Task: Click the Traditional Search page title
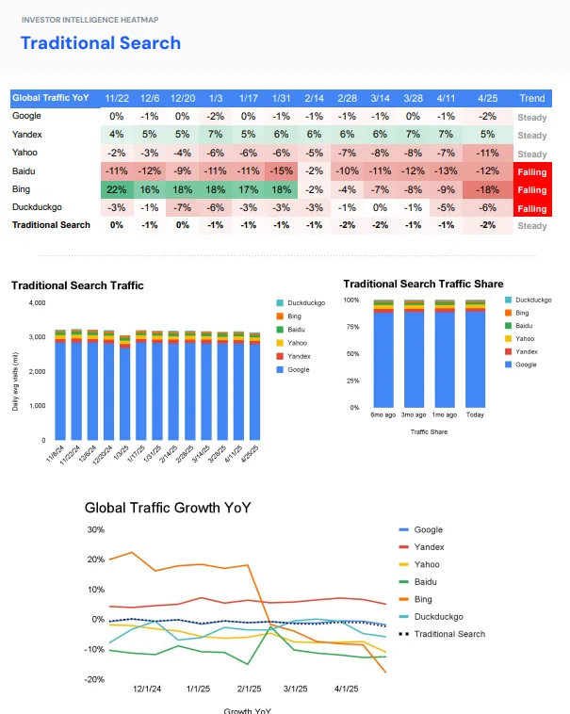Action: pyautogui.click(x=100, y=42)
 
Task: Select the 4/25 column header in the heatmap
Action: pyautogui.click(x=487, y=98)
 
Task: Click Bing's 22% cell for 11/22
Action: pyautogui.click(x=117, y=189)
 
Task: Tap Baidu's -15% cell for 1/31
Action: pyautogui.click(x=281, y=171)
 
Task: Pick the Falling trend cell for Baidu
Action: pyautogui.click(x=531, y=171)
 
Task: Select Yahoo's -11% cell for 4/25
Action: pyautogui.click(x=487, y=153)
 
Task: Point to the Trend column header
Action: pyautogui.click(x=531, y=98)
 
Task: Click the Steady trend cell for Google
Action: pyautogui.click(x=531, y=117)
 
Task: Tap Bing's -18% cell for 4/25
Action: pyautogui.click(x=487, y=189)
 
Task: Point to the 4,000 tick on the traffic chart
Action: pyautogui.click(x=38, y=302)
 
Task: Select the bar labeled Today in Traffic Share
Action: pyautogui.click(x=474, y=354)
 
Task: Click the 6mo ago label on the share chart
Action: pyautogui.click(x=383, y=414)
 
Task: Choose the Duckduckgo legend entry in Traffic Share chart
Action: pyautogui.click(x=533, y=300)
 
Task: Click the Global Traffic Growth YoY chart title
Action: pyautogui.click(x=168, y=508)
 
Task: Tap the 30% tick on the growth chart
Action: pyautogui.click(x=95, y=529)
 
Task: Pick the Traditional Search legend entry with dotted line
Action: pyautogui.click(x=448, y=634)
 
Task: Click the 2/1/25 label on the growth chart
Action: pyautogui.click(x=250, y=689)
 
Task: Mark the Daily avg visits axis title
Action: pyautogui.click(x=15, y=381)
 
